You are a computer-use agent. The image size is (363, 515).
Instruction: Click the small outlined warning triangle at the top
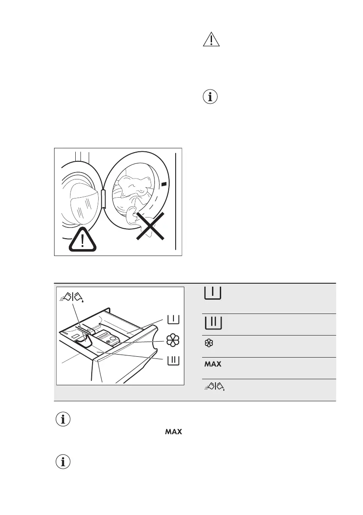[211, 40]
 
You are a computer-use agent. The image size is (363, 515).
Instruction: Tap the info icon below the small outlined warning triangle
[211, 97]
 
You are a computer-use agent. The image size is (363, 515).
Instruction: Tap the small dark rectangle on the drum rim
[164, 184]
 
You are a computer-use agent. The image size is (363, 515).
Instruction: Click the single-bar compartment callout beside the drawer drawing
[173, 320]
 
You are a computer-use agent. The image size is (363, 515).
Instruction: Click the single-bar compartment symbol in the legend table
[212, 294]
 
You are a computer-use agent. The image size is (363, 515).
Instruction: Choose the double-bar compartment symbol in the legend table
[212, 323]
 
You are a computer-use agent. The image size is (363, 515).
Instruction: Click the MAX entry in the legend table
[212, 364]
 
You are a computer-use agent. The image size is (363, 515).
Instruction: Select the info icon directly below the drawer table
[63, 419]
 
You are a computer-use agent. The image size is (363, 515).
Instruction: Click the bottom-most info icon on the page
[63, 462]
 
